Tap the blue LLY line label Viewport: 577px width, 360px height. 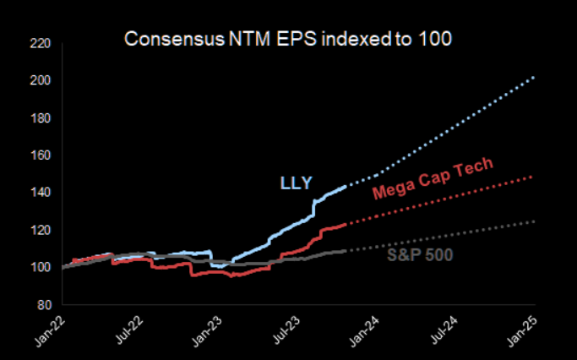pyautogui.click(x=297, y=181)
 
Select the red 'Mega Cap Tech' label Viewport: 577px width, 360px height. pyautogui.click(x=432, y=179)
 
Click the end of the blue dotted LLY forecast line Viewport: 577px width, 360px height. pyautogui.click(x=533, y=78)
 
